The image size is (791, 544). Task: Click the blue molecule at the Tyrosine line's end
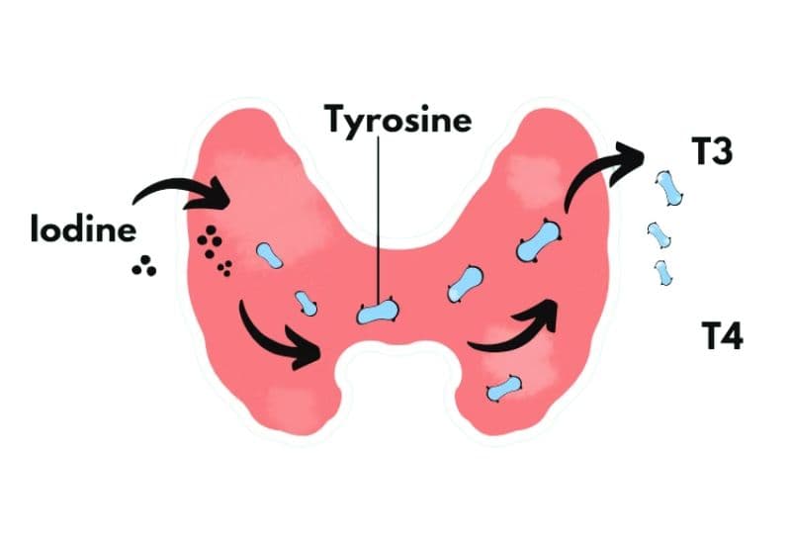[x=379, y=313]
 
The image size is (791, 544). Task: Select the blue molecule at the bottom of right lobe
[x=505, y=387]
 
